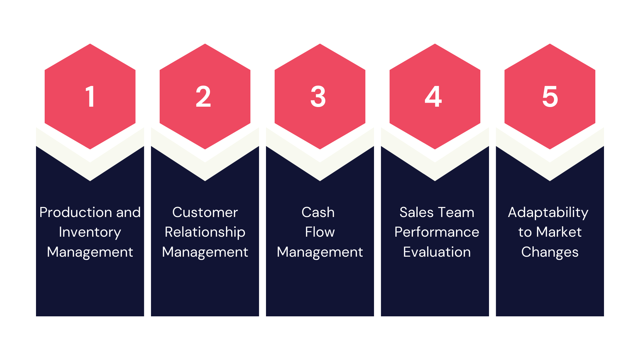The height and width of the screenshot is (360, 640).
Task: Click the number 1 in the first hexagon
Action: click(x=90, y=97)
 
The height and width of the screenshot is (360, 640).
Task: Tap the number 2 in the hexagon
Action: click(x=203, y=97)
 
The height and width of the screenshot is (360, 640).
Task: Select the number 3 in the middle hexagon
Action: click(x=318, y=97)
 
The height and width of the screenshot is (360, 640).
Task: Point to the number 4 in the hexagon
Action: click(x=433, y=97)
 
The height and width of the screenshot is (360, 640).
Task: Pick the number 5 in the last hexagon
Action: click(x=550, y=97)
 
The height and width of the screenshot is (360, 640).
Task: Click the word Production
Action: click(x=76, y=212)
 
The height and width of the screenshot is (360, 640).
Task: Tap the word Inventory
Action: click(x=90, y=232)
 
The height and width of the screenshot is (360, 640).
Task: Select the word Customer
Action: click(x=205, y=212)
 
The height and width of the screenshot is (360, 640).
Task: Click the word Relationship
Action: click(x=205, y=232)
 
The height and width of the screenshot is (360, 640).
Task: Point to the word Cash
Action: click(x=318, y=212)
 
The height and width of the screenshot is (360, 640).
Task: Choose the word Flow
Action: click(x=320, y=232)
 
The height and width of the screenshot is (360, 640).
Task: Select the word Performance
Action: click(x=437, y=232)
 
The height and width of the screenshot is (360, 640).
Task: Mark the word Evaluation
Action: click(x=437, y=252)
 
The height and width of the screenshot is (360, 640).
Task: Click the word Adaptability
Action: click(x=548, y=213)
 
